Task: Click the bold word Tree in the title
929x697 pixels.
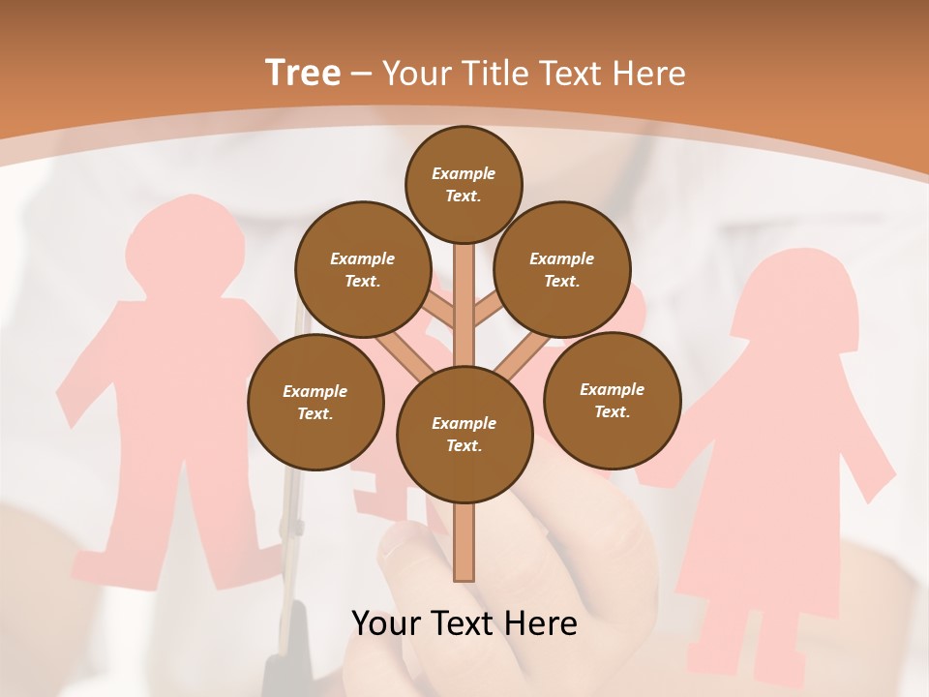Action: pos(303,74)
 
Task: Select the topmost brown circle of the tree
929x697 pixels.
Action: pos(464,184)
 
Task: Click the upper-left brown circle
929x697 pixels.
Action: pos(362,270)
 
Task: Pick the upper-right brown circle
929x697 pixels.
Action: pos(562,270)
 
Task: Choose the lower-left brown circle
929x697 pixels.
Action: pos(315,403)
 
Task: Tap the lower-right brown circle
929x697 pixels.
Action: pos(612,401)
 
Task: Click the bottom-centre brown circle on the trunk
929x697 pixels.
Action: pos(464,435)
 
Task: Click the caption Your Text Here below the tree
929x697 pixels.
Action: pos(464,623)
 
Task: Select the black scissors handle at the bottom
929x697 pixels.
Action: pos(286,658)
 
